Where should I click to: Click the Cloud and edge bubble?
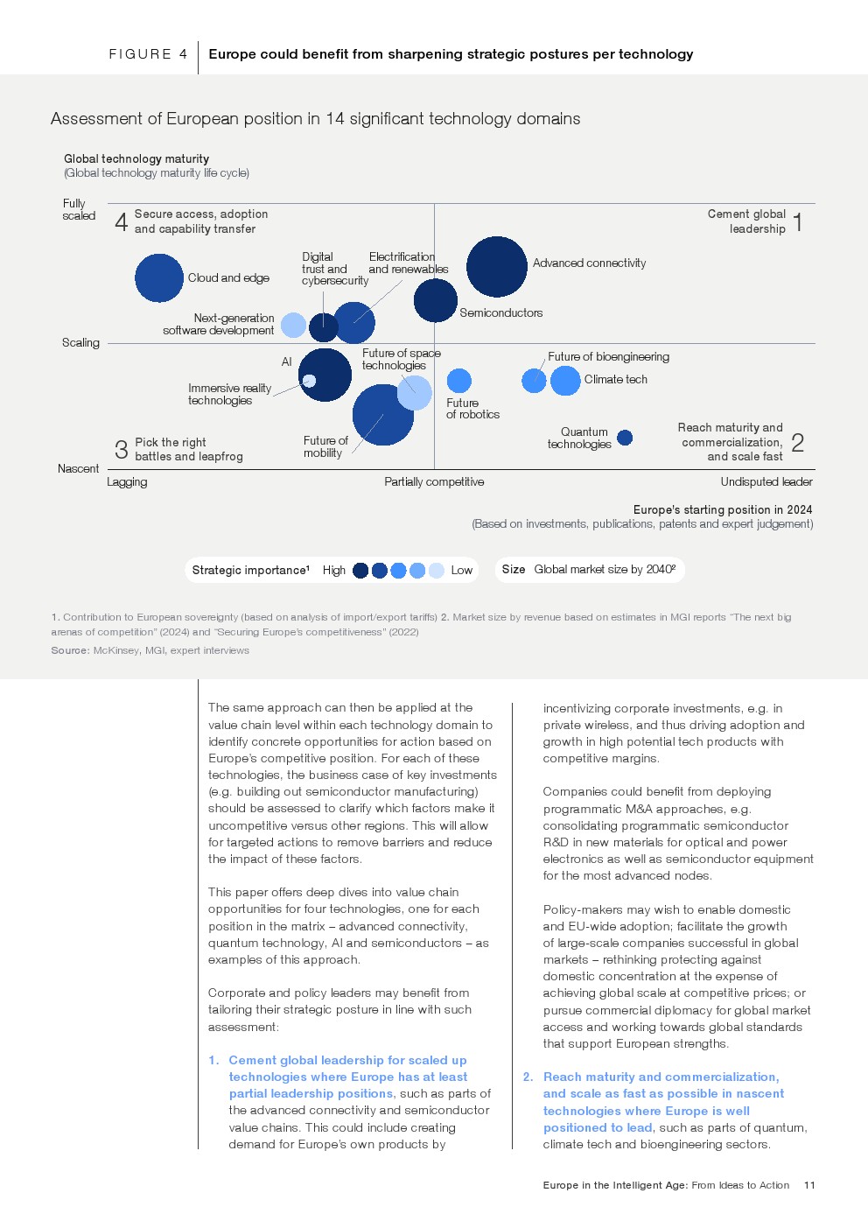point(159,278)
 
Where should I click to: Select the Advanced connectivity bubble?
point(497,267)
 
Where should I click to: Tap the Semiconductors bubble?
point(435,300)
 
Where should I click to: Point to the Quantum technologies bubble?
point(625,438)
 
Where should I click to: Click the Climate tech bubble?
point(565,380)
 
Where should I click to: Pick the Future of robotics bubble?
point(459,381)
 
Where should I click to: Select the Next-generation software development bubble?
point(294,326)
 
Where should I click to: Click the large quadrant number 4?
point(122,221)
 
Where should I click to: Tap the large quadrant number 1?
point(798,221)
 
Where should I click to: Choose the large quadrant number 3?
point(122,450)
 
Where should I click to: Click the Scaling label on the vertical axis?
point(80,343)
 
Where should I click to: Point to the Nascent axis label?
point(79,469)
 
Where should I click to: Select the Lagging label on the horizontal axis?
point(127,482)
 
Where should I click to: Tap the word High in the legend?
point(334,571)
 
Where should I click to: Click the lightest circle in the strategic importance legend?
point(437,571)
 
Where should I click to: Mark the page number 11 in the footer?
point(809,1185)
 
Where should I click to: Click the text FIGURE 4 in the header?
point(148,54)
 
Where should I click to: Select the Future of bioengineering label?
point(608,357)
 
